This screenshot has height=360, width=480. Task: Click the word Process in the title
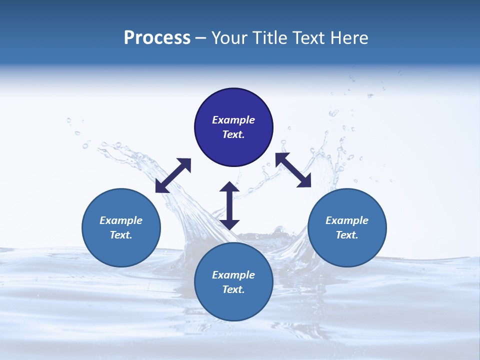click(x=157, y=38)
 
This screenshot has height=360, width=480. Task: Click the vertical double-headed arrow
click(x=229, y=205)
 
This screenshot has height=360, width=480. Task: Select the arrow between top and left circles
click(x=173, y=175)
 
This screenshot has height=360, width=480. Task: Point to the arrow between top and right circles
click(x=293, y=170)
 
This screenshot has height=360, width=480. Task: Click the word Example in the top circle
click(x=233, y=120)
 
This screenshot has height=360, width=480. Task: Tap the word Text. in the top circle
click(x=233, y=134)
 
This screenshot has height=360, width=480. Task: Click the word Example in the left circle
click(x=121, y=220)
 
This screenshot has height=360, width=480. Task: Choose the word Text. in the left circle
click(x=121, y=235)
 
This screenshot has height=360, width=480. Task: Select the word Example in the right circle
click(x=347, y=220)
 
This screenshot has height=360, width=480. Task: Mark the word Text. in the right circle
click(x=347, y=235)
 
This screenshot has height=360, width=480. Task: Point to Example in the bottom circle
click(x=233, y=275)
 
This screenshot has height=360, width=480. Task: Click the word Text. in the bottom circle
click(x=233, y=289)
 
